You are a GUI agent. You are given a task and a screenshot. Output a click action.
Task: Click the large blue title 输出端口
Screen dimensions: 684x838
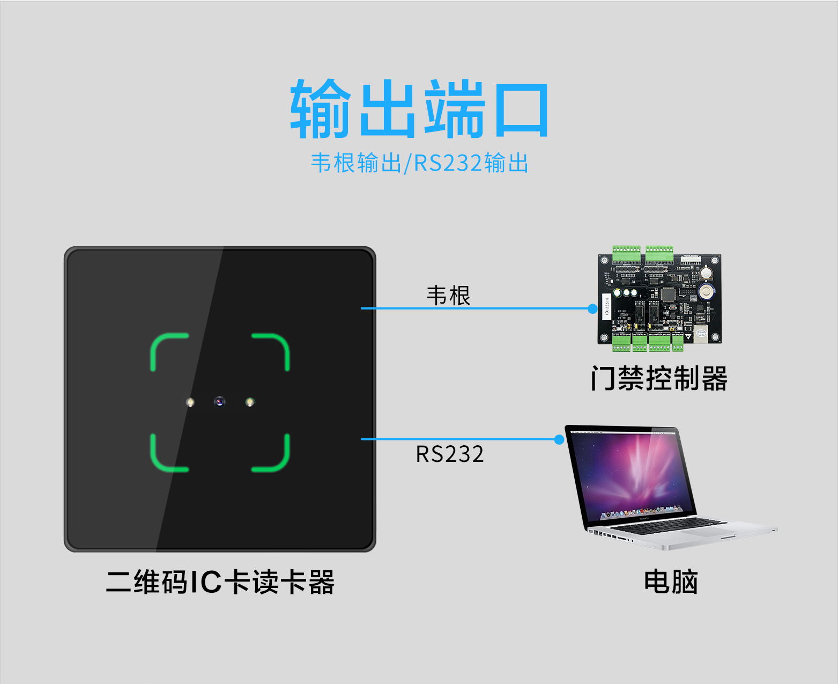(x=419, y=108)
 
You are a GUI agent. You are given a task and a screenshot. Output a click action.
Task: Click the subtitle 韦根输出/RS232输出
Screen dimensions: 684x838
(x=419, y=163)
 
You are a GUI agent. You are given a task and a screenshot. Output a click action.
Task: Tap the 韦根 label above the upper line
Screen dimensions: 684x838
(x=448, y=296)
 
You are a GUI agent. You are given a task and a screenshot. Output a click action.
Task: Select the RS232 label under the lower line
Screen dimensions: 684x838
(x=450, y=454)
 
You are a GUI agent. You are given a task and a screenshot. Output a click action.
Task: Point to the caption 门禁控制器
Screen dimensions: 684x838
(x=659, y=379)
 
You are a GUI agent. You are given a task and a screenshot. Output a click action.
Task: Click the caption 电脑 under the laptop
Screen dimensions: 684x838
(x=671, y=582)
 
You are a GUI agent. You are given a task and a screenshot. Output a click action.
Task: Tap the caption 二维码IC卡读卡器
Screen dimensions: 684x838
(x=220, y=582)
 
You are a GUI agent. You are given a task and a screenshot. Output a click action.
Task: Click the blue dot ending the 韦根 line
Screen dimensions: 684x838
(x=592, y=308)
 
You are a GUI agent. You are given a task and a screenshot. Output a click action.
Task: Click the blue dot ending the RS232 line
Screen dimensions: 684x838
(x=559, y=439)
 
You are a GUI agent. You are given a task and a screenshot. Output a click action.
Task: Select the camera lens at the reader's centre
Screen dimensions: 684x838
(x=219, y=401)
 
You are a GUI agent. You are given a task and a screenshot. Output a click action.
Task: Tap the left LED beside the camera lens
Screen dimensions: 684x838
(x=190, y=402)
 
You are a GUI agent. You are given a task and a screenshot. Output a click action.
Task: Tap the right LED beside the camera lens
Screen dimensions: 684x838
(x=250, y=402)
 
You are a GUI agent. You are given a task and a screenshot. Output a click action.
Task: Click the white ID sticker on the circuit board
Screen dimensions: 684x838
(x=607, y=307)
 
